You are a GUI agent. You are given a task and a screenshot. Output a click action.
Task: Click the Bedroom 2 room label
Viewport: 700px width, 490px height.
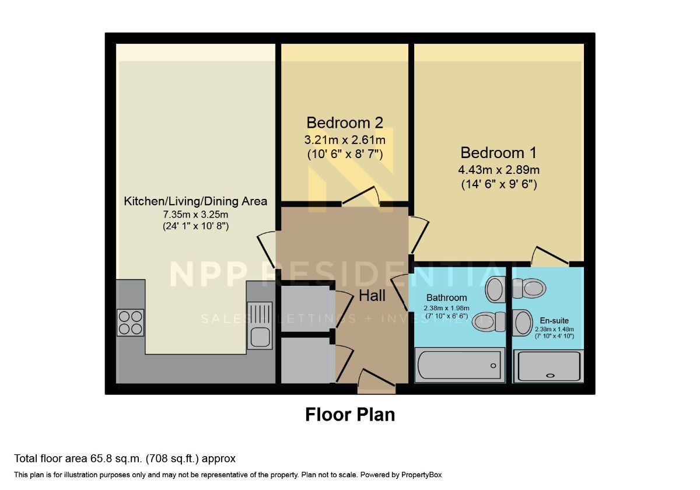coord(345,123)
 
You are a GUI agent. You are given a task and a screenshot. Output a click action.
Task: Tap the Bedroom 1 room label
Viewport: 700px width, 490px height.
coord(498,152)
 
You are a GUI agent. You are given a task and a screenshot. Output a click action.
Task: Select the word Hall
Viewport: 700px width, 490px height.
coord(372,296)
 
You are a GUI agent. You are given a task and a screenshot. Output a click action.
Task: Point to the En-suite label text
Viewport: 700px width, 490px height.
coord(554,320)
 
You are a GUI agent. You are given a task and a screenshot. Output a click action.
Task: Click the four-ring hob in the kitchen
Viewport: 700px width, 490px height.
coord(130,323)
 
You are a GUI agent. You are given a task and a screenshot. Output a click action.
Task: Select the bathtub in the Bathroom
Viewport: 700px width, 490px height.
coord(460,365)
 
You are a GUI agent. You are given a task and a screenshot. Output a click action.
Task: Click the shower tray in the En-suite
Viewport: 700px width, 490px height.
coord(549,366)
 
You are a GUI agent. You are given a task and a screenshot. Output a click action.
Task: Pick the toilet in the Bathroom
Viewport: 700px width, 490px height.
coord(489,321)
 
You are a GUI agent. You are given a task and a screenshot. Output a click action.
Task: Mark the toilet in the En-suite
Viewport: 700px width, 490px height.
coord(530,288)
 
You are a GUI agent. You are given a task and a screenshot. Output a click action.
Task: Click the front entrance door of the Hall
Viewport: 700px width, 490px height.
coord(377,379)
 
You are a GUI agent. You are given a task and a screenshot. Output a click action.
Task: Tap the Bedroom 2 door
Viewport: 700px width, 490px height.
coord(360,196)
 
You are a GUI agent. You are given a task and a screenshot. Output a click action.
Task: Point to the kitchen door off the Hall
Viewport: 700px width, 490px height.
coord(266,250)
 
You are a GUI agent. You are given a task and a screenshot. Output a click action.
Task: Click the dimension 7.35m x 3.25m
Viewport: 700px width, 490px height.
coord(195,215)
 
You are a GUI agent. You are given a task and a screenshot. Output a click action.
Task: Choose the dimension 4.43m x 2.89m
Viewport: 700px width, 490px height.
coord(499,170)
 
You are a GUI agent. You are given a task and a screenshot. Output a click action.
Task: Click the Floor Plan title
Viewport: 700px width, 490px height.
coord(350,414)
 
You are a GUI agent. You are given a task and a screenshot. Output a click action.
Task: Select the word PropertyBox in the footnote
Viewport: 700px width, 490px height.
coord(422,475)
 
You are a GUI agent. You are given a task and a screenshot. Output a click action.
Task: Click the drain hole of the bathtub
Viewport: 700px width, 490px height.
coord(494,366)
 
